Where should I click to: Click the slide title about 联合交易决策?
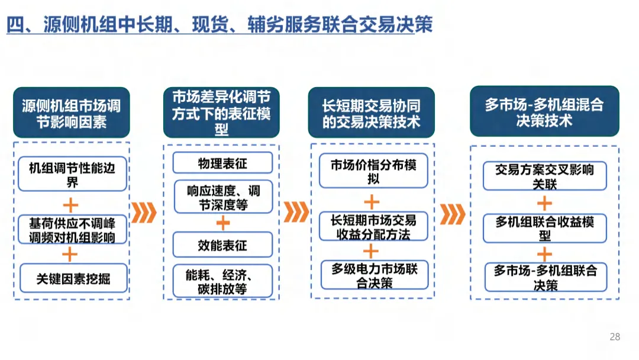click(219, 24)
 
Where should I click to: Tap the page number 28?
click(615, 337)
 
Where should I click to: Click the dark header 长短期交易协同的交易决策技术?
click(371, 113)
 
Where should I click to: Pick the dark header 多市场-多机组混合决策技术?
click(544, 112)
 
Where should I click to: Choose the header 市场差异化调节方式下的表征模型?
click(221, 113)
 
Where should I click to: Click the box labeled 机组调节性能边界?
click(72, 174)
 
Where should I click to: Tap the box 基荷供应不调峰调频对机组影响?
click(72, 230)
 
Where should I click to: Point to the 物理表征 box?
click(222, 163)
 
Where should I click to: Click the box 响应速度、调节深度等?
click(223, 197)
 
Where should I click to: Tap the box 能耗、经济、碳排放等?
click(222, 282)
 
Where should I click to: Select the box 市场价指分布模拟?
click(373, 171)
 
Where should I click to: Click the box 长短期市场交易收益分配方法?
click(373, 227)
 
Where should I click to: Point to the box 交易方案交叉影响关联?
click(544, 176)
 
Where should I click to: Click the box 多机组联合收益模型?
click(544, 228)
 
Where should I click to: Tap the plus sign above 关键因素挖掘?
click(70, 255)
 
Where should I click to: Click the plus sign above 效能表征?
click(222, 223)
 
